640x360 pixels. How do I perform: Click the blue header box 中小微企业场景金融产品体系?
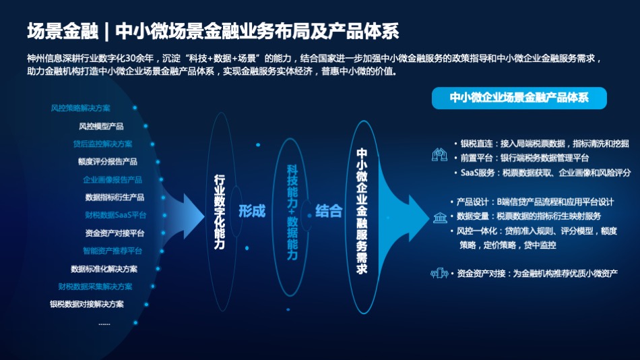click(519, 98)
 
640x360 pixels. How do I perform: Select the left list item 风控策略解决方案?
click(80, 109)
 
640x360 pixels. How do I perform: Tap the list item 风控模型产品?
click(101, 126)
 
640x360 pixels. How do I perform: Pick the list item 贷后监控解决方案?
click(102, 144)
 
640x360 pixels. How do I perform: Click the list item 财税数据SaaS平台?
click(115, 215)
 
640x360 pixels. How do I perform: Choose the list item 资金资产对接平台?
click(115, 233)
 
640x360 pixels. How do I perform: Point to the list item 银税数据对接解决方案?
click(86, 305)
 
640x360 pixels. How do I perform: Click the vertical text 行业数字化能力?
click(220, 212)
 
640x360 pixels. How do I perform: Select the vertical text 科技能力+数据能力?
click(292, 212)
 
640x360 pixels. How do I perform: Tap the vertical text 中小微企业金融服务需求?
click(362, 211)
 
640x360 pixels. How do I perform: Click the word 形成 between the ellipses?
click(252, 211)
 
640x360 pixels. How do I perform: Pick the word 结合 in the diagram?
click(329, 211)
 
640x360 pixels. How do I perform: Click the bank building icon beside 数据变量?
click(440, 217)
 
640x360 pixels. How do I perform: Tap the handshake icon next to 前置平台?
click(440, 155)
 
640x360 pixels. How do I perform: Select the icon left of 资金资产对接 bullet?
click(439, 273)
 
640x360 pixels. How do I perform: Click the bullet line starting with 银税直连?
click(542, 144)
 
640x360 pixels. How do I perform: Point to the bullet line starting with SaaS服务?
click(543, 173)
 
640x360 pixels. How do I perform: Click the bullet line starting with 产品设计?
click(532, 202)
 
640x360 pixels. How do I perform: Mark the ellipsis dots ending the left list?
click(104, 324)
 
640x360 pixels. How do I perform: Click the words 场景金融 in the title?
click(63, 32)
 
